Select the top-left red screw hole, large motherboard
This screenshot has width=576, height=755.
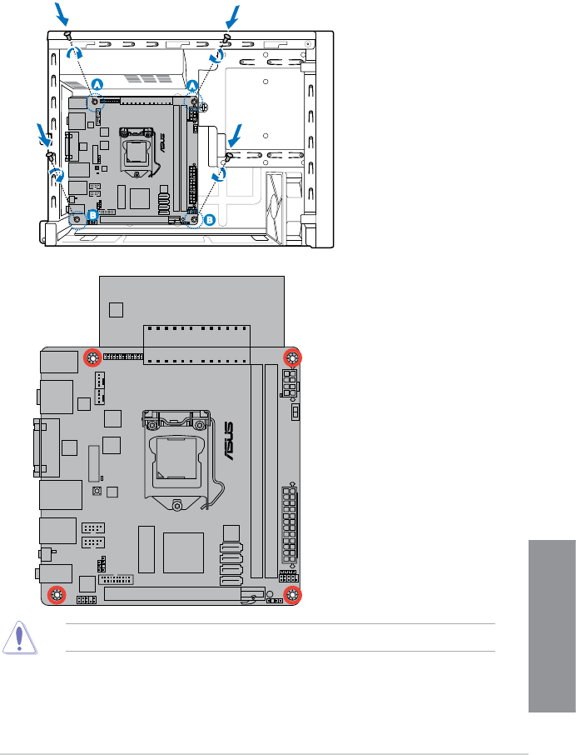[92, 359]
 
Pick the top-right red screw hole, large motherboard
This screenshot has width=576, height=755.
[292, 358]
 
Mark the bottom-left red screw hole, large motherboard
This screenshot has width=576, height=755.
[56, 594]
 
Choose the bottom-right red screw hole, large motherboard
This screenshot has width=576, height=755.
[292, 594]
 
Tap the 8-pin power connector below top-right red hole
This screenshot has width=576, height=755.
[289, 386]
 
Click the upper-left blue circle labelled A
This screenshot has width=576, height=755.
[97, 84]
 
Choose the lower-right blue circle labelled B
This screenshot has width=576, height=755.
[210, 220]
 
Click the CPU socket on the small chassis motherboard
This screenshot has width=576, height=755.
[137, 149]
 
